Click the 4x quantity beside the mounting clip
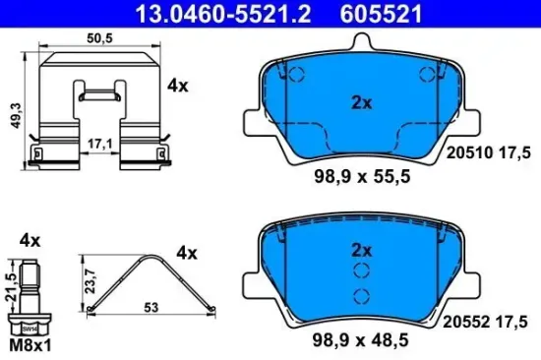coord(177,86)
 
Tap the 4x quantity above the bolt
coord(29,239)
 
